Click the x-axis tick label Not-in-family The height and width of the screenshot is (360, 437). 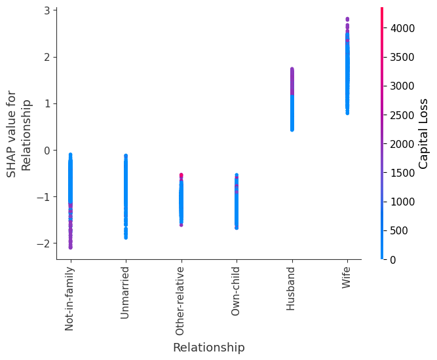point(70,298)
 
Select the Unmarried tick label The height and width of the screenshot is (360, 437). point(125,293)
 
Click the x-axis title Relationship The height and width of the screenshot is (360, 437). point(208,348)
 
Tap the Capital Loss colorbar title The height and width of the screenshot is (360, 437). point(424,134)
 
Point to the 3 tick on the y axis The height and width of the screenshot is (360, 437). point(47,10)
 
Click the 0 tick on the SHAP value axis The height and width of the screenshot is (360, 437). point(47,150)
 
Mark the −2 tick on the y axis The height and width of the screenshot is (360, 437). point(45,243)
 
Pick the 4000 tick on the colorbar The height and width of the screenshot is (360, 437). point(403,28)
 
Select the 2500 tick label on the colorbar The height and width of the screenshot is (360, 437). point(403,115)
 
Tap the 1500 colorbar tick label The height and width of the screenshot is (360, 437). point(403,173)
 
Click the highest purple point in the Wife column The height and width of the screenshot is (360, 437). point(347,19)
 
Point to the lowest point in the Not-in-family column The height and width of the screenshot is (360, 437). point(70,247)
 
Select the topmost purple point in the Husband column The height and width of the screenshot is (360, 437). point(292,69)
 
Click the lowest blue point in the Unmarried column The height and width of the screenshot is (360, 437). point(125,237)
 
